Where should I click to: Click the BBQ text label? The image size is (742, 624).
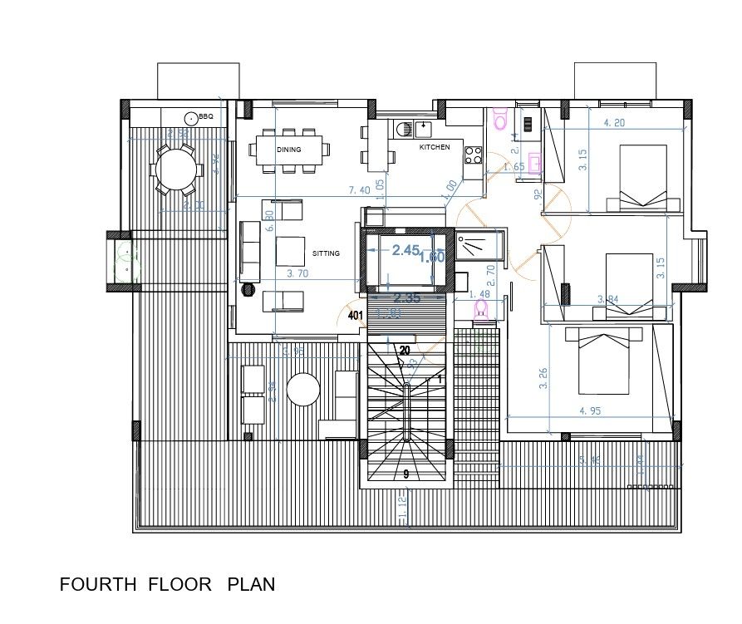coord(206,117)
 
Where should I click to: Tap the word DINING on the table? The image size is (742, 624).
coord(289,150)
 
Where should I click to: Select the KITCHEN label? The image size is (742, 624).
coord(435,147)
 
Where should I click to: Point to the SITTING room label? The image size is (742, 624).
coord(326,253)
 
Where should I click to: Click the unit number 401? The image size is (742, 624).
coord(356,316)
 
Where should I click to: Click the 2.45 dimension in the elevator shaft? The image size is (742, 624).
coord(405,250)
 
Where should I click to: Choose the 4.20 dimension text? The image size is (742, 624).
coord(613,123)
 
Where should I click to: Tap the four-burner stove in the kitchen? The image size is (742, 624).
coord(474,154)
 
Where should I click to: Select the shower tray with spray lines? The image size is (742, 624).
coord(479,245)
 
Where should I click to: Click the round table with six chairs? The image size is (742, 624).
coord(175,170)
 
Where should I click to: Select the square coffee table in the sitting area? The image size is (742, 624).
coord(291,250)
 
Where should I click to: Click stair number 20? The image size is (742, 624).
coord(405,351)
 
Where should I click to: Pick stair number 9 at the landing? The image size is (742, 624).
coord(405,474)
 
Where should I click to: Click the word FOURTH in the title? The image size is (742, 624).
coord(98,585)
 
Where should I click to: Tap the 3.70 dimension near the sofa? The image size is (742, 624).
coord(298,273)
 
